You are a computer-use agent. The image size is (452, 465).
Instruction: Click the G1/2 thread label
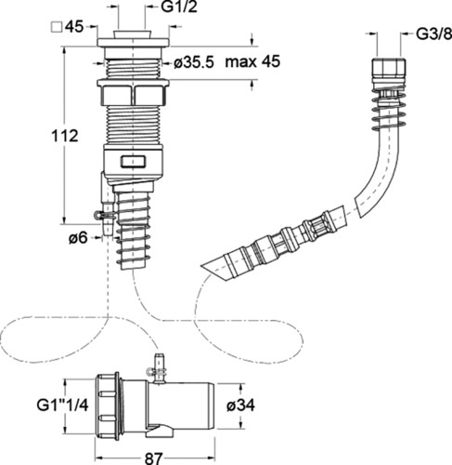179,7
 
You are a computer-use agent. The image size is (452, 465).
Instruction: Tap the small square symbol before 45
56,27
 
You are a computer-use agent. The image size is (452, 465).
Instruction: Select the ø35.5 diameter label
194,63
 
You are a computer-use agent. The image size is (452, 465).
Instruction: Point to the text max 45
252,61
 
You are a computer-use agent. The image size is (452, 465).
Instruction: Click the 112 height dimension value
65,136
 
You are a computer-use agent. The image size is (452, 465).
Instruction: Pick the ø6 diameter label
78,238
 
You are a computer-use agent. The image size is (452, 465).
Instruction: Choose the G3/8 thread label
433,34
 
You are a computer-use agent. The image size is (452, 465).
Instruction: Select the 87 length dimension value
154,458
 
